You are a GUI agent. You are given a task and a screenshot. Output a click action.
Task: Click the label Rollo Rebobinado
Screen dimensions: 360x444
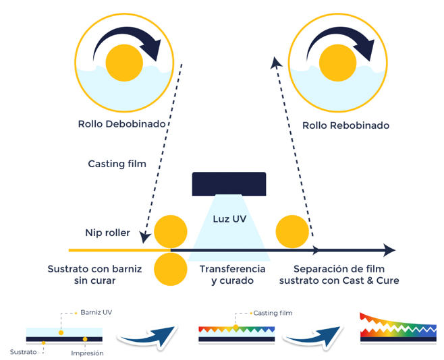coord(345,125)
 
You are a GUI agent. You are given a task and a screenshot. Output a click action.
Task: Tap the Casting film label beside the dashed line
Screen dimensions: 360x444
coord(117,164)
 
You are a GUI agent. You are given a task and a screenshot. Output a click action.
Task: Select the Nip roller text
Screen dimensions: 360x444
coord(108,233)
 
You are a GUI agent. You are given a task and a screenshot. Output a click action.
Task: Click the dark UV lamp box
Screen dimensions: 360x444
coord(229,183)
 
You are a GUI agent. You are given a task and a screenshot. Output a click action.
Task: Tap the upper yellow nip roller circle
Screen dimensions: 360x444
coord(171,232)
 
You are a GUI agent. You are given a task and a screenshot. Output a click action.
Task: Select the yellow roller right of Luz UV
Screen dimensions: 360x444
coord(292,231)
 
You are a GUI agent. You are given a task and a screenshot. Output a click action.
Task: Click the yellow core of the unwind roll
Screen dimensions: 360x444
coord(124,62)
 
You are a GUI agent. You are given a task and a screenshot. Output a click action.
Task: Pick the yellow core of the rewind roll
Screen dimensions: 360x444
coord(337,62)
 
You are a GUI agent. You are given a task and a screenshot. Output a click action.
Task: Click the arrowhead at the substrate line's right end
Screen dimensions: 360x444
coord(389,251)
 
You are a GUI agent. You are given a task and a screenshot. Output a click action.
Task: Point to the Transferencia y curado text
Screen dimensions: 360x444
coord(232,274)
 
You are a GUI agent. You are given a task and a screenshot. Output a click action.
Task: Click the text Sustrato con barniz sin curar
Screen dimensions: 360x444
coord(94,274)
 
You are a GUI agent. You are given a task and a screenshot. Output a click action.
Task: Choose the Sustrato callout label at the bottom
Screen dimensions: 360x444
coord(23,351)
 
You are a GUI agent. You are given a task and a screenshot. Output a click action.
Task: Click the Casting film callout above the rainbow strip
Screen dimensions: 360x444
coord(273,313)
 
